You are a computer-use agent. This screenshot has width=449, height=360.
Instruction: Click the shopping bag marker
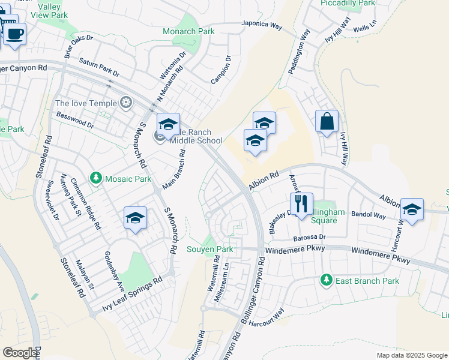(327, 122)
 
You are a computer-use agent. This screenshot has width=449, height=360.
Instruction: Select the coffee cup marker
(15, 33)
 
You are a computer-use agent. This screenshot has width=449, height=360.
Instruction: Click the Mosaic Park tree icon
(95, 178)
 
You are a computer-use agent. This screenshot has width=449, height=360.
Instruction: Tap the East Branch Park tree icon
(326, 280)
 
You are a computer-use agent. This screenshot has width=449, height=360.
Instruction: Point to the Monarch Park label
(188, 31)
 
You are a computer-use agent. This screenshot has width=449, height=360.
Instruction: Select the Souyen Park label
(209, 249)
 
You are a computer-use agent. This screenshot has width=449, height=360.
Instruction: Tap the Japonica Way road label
(262, 26)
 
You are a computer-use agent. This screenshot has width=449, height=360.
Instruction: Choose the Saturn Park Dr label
(100, 68)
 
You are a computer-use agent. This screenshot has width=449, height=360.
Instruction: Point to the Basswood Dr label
(75, 121)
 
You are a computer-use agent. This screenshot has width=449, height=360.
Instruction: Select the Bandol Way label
(369, 214)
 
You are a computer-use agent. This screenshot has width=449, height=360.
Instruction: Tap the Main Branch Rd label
(173, 169)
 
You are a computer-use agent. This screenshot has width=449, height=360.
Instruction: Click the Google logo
(20, 352)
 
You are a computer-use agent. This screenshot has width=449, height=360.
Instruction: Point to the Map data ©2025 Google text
(411, 355)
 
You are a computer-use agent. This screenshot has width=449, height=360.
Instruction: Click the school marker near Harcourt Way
(412, 210)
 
